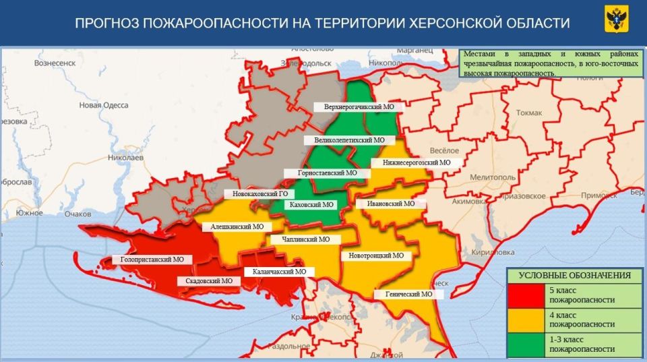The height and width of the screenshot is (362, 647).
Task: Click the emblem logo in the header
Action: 617,22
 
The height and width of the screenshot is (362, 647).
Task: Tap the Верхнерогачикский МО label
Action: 359,107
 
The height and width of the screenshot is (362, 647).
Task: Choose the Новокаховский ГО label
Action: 259,194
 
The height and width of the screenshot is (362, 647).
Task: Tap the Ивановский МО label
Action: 391,203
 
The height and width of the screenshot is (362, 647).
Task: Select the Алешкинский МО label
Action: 237,227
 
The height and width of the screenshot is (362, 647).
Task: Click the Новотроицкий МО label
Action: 376,255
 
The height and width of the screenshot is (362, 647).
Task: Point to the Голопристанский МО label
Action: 152,259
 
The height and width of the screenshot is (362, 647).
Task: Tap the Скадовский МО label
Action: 209,280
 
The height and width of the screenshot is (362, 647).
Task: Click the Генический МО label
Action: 408,294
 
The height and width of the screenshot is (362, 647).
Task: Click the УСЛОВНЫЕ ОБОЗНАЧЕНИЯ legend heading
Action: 574,275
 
